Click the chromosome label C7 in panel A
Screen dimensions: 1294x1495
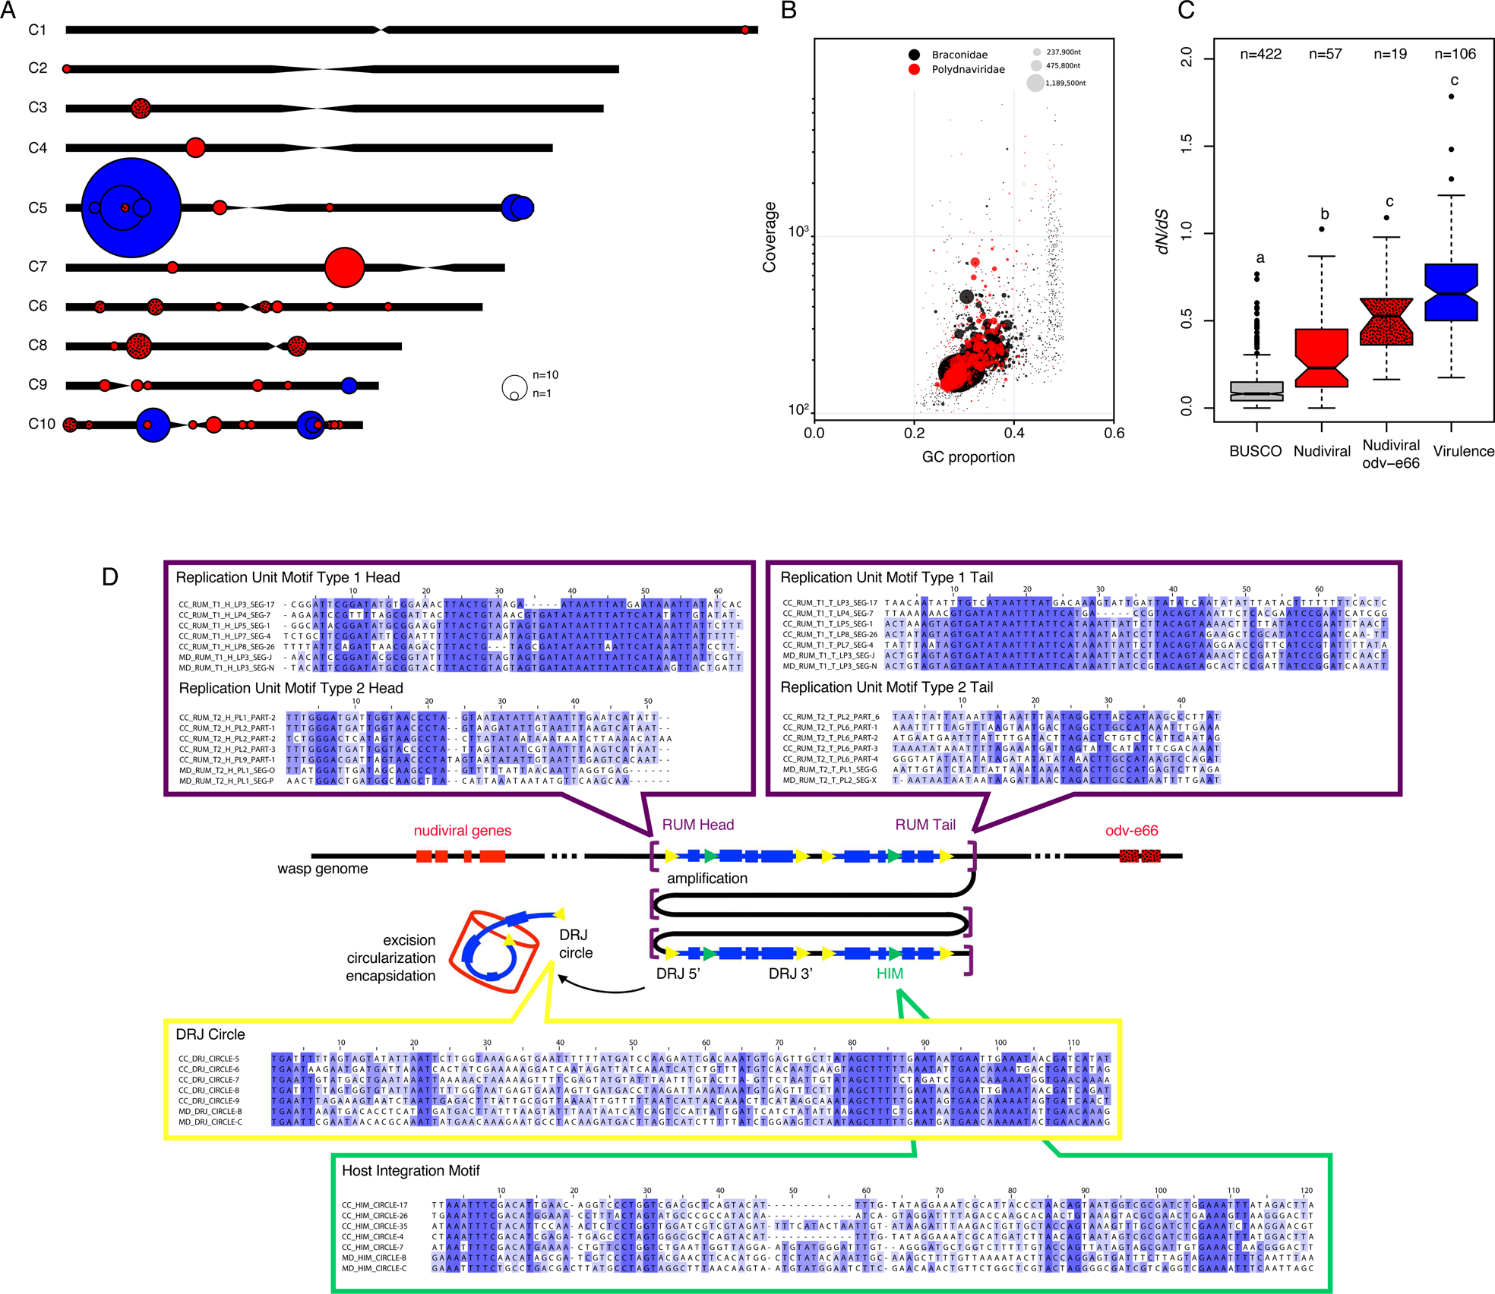click(x=37, y=267)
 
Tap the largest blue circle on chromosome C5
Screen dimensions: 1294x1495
click(x=131, y=207)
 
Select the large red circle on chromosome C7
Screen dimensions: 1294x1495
click(x=344, y=267)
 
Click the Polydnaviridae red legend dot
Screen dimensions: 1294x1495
click(x=914, y=69)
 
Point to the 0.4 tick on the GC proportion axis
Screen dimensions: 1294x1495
click(x=1014, y=433)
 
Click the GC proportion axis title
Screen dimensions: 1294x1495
click(x=968, y=457)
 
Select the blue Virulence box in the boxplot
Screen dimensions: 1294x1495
click(x=1451, y=292)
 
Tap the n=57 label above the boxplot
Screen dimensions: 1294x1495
click(x=1325, y=54)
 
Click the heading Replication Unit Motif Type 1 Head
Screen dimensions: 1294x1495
click(x=287, y=577)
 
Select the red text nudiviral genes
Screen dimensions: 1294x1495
click(x=462, y=831)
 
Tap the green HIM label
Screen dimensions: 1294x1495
click(x=889, y=974)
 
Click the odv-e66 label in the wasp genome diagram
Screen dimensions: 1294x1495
click(x=1131, y=831)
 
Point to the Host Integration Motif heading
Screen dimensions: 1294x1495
click(x=410, y=1170)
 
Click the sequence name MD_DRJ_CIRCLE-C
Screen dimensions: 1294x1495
click(x=210, y=1122)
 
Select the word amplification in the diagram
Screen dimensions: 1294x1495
click(x=706, y=879)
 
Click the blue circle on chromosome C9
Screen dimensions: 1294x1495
click(x=349, y=385)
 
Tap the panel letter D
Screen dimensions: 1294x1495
click(x=110, y=577)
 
